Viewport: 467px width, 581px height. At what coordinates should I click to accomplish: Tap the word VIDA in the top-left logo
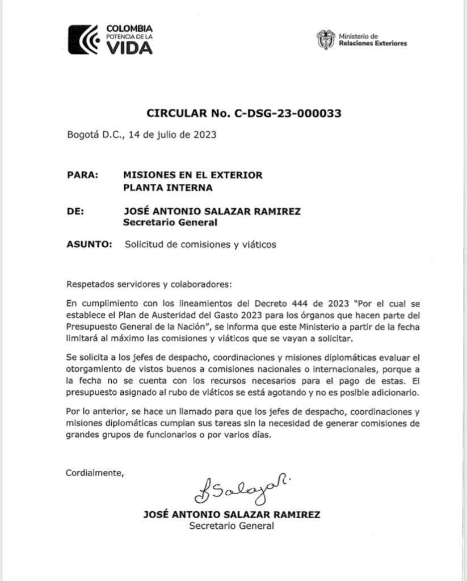[129, 48]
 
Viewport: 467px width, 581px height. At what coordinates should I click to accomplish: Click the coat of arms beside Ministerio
[326, 39]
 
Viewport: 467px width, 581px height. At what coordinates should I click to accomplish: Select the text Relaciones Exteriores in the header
[373, 44]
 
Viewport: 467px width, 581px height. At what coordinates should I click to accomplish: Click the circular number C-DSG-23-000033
[288, 113]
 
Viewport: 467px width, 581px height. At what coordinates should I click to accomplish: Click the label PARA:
[82, 175]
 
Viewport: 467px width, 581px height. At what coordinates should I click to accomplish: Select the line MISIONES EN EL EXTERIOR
[193, 175]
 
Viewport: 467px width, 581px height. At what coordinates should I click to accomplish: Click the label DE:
[75, 211]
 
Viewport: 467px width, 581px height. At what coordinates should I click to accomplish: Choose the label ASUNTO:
[89, 245]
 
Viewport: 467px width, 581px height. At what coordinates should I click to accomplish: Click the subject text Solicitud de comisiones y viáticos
[200, 245]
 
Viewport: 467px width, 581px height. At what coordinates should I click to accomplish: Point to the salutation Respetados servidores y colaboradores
[149, 283]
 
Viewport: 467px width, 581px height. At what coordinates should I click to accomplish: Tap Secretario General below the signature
[232, 526]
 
